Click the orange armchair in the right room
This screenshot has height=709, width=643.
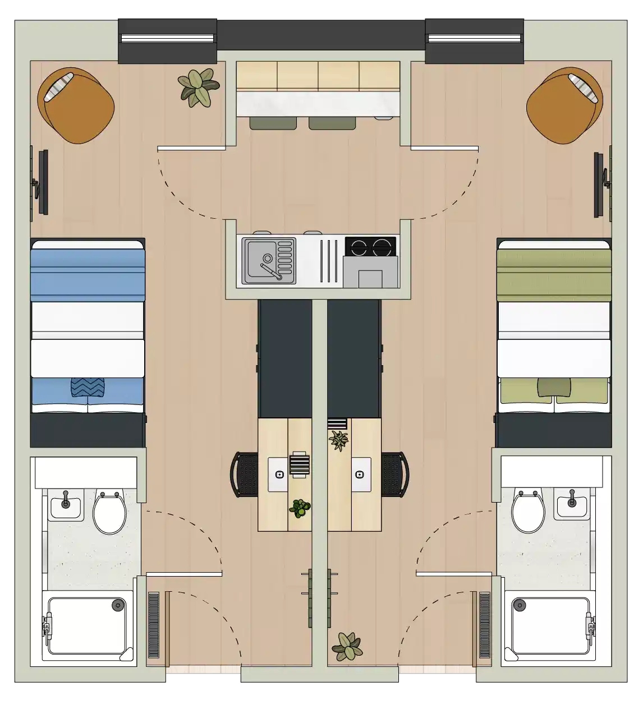coord(564,106)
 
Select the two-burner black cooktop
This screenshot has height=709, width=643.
coord(370,247)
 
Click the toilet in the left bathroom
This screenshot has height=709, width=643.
coord(109,513)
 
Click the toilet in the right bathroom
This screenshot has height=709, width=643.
coord(528,512)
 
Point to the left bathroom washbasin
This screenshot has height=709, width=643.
coord(66,503)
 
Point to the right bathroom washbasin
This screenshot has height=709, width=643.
coord(572,503)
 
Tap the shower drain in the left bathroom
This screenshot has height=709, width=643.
coord(117,605)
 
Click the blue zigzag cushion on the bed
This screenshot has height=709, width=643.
coord(88,388)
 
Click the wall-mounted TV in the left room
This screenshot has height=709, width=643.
coord(43,182)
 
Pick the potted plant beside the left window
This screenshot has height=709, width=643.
coord(198,88)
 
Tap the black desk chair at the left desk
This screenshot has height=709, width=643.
coord(244,475)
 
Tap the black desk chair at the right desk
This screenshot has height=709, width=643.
coord(395,474)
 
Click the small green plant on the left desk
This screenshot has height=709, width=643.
coord(300,508)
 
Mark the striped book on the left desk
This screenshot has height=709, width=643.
coord(299,464)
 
